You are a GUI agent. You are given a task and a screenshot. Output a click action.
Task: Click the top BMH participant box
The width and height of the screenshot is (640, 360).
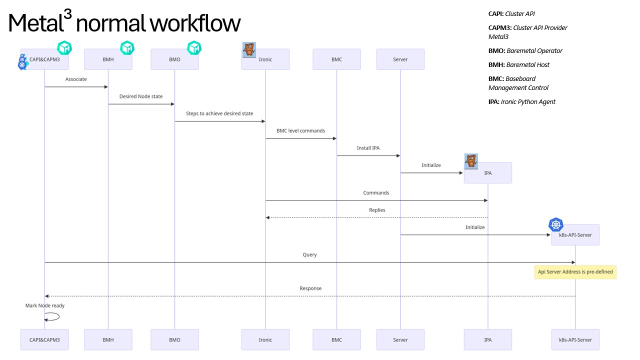pyautogui.click(x=108, y=59)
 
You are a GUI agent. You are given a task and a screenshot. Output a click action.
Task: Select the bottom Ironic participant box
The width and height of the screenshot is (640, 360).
pyautogui.click(x=265, y=339)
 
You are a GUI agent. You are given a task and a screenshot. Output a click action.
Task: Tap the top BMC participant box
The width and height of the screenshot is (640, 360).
pyautogui.click(x=336, y=59)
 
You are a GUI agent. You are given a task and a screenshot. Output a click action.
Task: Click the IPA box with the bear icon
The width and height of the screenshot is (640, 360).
pyautogui.click(x=487, y=173)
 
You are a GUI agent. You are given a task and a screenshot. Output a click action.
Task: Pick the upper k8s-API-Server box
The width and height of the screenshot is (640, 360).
pyautogui.click(x=575, y=235)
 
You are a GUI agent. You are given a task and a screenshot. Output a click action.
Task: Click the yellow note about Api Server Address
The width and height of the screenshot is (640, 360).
pyautogui.click(x=575, y=272)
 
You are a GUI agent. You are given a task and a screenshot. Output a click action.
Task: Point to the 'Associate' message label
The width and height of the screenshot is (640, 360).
pyautogui.click(x=76, y=79)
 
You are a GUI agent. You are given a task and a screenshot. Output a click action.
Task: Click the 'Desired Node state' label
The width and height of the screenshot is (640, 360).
pyautogui.click(x=141, y=96)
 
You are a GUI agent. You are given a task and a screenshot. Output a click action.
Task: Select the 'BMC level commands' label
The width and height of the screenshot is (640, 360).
pyautogui.click(x=300, y=130)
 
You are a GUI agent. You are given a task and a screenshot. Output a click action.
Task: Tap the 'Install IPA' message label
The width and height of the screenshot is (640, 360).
pyautogui.click(x=368, y=148)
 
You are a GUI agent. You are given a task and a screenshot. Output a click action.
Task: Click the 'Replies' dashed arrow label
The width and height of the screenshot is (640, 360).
pyautogui.click(x=377, y=210)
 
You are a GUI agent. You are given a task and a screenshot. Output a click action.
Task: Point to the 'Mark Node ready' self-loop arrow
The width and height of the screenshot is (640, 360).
pyautogui.click(x=52, y=316)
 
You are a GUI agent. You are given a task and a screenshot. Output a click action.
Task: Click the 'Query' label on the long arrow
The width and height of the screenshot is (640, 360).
pyautogui.click(x=309, y=254)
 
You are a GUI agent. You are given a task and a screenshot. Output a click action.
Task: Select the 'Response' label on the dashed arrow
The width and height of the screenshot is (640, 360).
pyautogui.click(x=310, y=288)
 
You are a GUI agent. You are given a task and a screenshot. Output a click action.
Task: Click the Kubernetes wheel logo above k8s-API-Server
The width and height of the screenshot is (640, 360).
pyautogui.click(x=555, y=225)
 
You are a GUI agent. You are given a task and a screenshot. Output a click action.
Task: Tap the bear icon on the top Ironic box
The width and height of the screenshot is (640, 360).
pyautogui.click(x=249, y=49)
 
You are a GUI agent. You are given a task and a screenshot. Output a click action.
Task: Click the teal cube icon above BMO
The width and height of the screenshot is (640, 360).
pyautogui.click(x=194, y=48)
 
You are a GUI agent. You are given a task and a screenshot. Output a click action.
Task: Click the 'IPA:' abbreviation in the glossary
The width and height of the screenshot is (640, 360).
pyautogui.click(x=494, y=101)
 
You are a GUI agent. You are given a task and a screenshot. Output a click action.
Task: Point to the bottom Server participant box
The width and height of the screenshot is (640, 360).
pyautogui.click(x=400, y=339)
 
